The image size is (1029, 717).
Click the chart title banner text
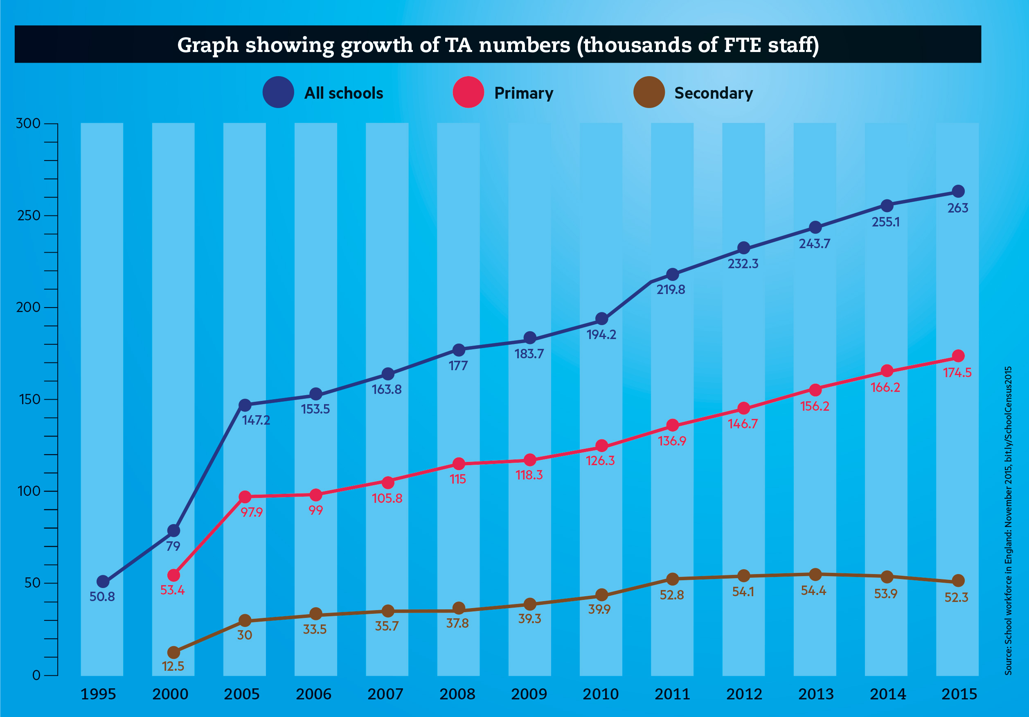(x=498, y=45)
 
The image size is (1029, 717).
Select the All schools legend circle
(x=278, y=93)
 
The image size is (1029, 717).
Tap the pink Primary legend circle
(x=468, y=93)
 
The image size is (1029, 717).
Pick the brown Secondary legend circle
(x=649, y=93)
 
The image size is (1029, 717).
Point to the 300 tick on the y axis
(x=28, y=123)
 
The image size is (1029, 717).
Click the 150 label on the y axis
(x=29, y=399)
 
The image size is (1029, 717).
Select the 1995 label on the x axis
(x=98, y=694)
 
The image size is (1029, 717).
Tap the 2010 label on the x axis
(x=601, y=694)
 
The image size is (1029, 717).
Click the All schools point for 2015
(x=958, y=192)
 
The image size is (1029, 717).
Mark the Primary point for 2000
(x=173, y=575)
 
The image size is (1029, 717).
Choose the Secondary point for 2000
(x=173, y=652)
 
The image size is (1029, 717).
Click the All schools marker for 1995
(x=103, y=581)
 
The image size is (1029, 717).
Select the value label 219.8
(x=671, y=290)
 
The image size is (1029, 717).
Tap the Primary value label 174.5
(x=957, y=373)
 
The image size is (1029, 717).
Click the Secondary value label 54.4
(x=814, y=590)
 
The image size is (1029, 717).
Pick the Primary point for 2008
(x=459, y=464)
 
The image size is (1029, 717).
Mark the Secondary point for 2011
(x=672, y=579)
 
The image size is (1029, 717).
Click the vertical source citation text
(x=1009, y=520)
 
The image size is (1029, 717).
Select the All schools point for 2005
(x=245, y=405)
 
